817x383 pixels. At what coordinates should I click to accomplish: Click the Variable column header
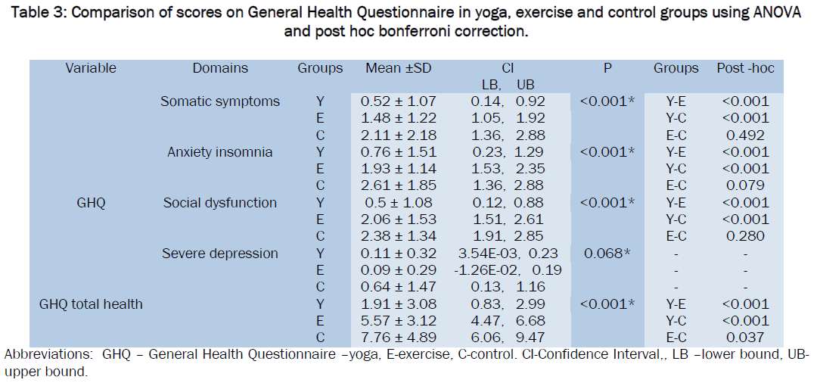tap(91, 68)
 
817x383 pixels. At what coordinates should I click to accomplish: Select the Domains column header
tap(220, 68)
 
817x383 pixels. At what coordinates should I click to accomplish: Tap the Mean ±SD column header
tap(398, 68)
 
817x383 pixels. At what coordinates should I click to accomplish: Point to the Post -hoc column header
tap(746, 68)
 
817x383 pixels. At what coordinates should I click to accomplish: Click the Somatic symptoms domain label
tap(220, 101)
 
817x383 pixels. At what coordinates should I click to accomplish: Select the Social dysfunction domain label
tap(220, 203)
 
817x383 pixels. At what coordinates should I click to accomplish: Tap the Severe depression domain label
tap(220, 254)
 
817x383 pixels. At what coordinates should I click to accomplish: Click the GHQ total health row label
tap(92, 304)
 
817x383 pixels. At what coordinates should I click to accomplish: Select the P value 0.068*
tap(607, 254)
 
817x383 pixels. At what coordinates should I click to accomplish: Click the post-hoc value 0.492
tap(746, 135)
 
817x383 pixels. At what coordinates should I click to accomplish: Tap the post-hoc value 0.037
tap(746, 338)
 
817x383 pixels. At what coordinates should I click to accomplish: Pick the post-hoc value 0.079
tap(746, 186)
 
